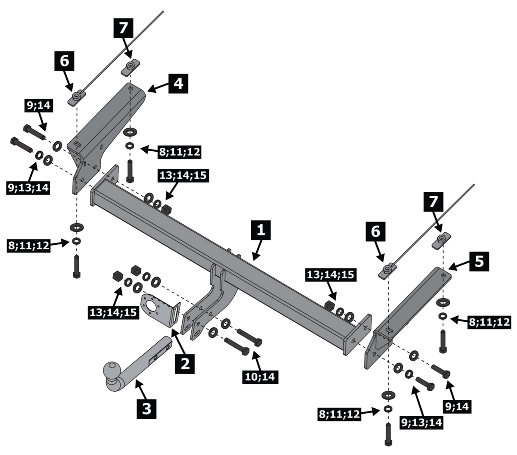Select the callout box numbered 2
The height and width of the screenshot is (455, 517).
[x=185, y=363]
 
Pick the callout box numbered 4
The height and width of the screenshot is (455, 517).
[x=178, y=83]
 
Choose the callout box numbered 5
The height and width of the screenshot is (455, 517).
[x=479, y=262]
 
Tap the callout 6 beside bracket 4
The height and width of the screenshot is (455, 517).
[x=64, y=61]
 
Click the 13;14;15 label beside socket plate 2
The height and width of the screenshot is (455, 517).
[x=113, y=312]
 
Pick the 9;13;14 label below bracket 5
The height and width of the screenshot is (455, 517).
[x=421, y=422]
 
